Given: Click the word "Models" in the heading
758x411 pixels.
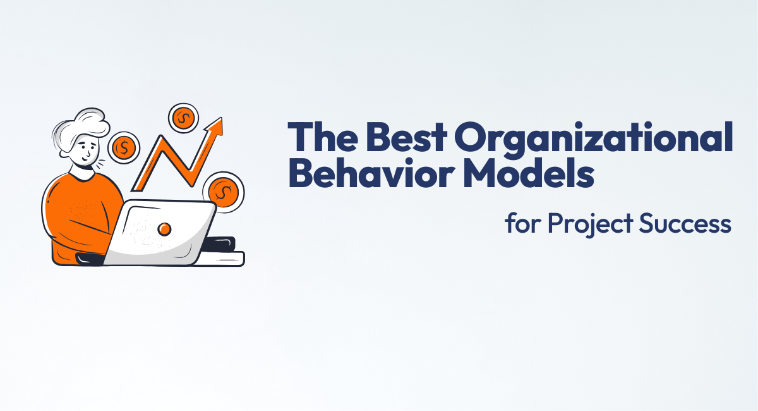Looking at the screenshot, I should pyautogui.click(x=526, y=175).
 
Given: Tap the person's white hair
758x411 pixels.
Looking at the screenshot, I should pyautogui.click(x=82, y=123).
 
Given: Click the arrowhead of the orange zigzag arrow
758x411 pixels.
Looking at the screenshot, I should pyautogui.click(x=216, y=126).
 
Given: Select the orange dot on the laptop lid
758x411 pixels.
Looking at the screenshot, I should pyautogui.click(x=164, y=229).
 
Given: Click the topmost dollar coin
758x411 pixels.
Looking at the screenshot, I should pyautogui.click(x=183, y=118).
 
